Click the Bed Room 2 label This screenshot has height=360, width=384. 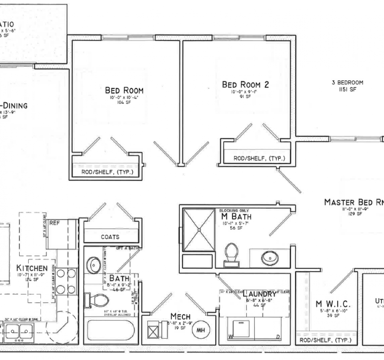(245, 85)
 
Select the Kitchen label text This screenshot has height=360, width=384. (32, 268)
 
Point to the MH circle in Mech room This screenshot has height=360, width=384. (200, 329)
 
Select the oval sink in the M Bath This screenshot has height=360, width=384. (270, 257)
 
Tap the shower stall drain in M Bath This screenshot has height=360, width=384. (198, 229)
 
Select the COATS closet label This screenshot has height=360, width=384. (110, 237)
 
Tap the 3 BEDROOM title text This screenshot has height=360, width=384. (347, 82)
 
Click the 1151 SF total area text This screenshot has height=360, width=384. (347, 89)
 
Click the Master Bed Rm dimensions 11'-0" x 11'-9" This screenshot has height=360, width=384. (355, 209)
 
